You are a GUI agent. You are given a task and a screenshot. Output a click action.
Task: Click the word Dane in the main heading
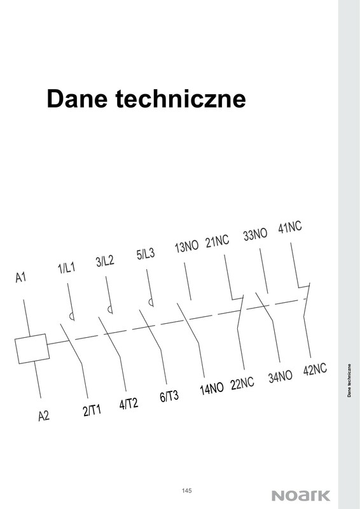click(77, 99)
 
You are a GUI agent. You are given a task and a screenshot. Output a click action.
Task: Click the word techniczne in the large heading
click(181, 99)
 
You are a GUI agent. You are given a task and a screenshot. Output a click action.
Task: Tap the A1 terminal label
click(21, 277)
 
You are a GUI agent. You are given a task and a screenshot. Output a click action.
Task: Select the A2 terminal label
click(44, 415)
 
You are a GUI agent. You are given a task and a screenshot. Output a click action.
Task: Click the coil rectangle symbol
click(32, 349)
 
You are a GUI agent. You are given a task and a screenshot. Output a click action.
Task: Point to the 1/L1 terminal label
click(67, 268)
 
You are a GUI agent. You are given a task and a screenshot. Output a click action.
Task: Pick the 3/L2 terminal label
click(105, 261)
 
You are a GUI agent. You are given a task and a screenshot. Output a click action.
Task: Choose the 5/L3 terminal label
click(146, 254)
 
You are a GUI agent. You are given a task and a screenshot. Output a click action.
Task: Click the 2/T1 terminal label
click(92, 410)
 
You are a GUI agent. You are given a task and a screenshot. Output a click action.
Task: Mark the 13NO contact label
click(186, 247)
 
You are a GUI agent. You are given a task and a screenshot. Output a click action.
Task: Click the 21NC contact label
click(217, 241)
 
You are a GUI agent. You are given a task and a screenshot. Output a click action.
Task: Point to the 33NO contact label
click(256, 234)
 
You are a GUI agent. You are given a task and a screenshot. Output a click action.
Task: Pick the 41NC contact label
click(290, 227)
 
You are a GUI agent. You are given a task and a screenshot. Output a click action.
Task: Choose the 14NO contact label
click(212, 389)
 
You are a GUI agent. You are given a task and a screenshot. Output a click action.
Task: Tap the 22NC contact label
click(242, 384)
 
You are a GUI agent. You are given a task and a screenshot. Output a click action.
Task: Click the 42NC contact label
click(315, 370)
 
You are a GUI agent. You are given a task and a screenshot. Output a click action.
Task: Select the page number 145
click(186, 491)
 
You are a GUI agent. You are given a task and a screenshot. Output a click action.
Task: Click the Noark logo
click(301, 496)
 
